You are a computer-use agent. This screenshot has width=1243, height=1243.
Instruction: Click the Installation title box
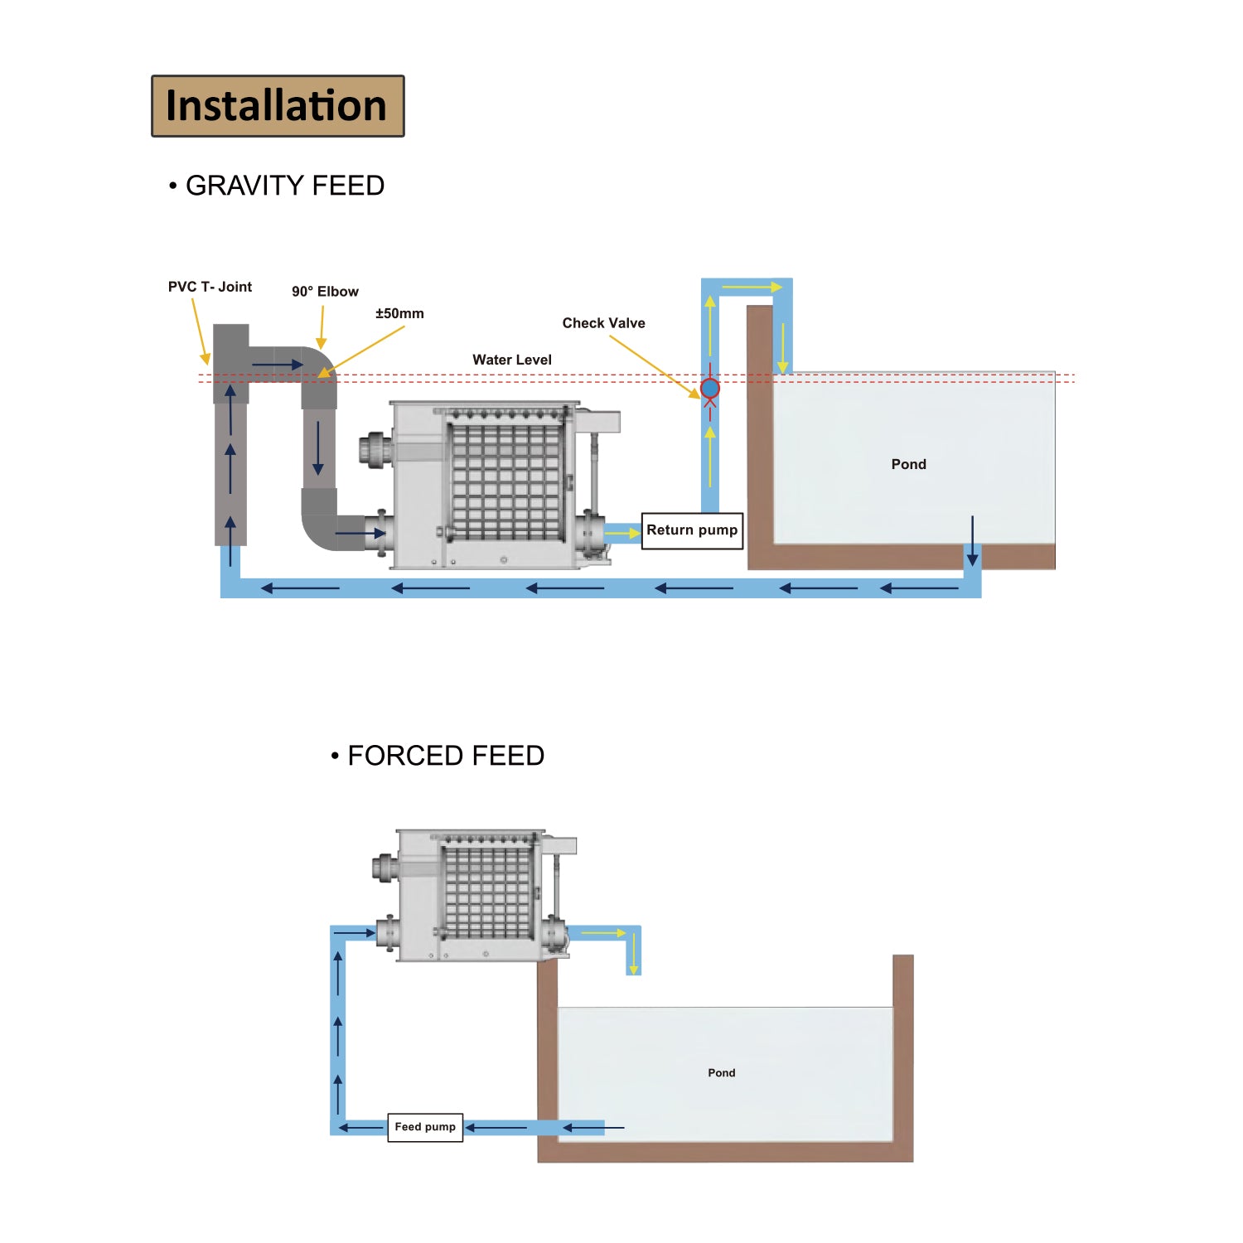(x=278, y=106)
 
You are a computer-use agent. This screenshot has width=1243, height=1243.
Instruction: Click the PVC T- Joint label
(x=210, y=287)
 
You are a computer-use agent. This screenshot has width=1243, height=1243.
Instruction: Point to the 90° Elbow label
(x=325, y=292)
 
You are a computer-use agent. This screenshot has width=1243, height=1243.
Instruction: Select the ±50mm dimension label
(x=399, y=313)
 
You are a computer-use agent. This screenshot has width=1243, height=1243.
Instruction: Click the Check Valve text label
(x=603, y=323)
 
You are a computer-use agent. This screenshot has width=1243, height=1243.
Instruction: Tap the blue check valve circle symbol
(x=710, y=388)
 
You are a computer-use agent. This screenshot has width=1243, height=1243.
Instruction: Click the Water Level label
(x=511, y=360)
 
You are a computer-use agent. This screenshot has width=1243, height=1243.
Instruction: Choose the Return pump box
(x=692, y=530)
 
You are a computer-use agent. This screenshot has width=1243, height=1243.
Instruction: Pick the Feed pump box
(x=425, y=1127)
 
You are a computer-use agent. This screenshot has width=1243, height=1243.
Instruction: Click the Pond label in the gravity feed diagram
(x=908, y=464)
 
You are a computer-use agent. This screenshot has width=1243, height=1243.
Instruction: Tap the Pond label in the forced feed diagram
(x=721, y=1072)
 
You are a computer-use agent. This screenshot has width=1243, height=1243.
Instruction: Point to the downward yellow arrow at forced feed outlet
(x=633, y=953)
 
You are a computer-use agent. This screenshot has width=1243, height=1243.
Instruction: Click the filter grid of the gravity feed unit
(x=505, y=481)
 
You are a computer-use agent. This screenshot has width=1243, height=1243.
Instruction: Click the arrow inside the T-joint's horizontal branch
(x=278, y=365)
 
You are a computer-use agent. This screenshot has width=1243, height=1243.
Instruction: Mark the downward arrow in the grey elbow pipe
(x=318, y=447)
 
